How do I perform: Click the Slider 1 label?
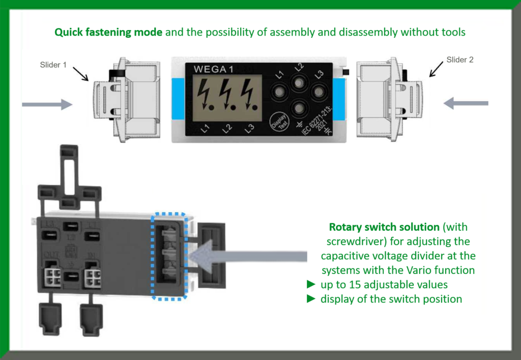(x=53, y=65)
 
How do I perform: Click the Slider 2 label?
(x=460, y=59)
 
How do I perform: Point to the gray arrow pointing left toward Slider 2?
(x=466, y=104)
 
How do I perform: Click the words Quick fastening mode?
(x=108, y=32)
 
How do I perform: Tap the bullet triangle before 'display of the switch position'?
(x=311, y=299)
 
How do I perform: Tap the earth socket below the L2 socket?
(x=299, y=108)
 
